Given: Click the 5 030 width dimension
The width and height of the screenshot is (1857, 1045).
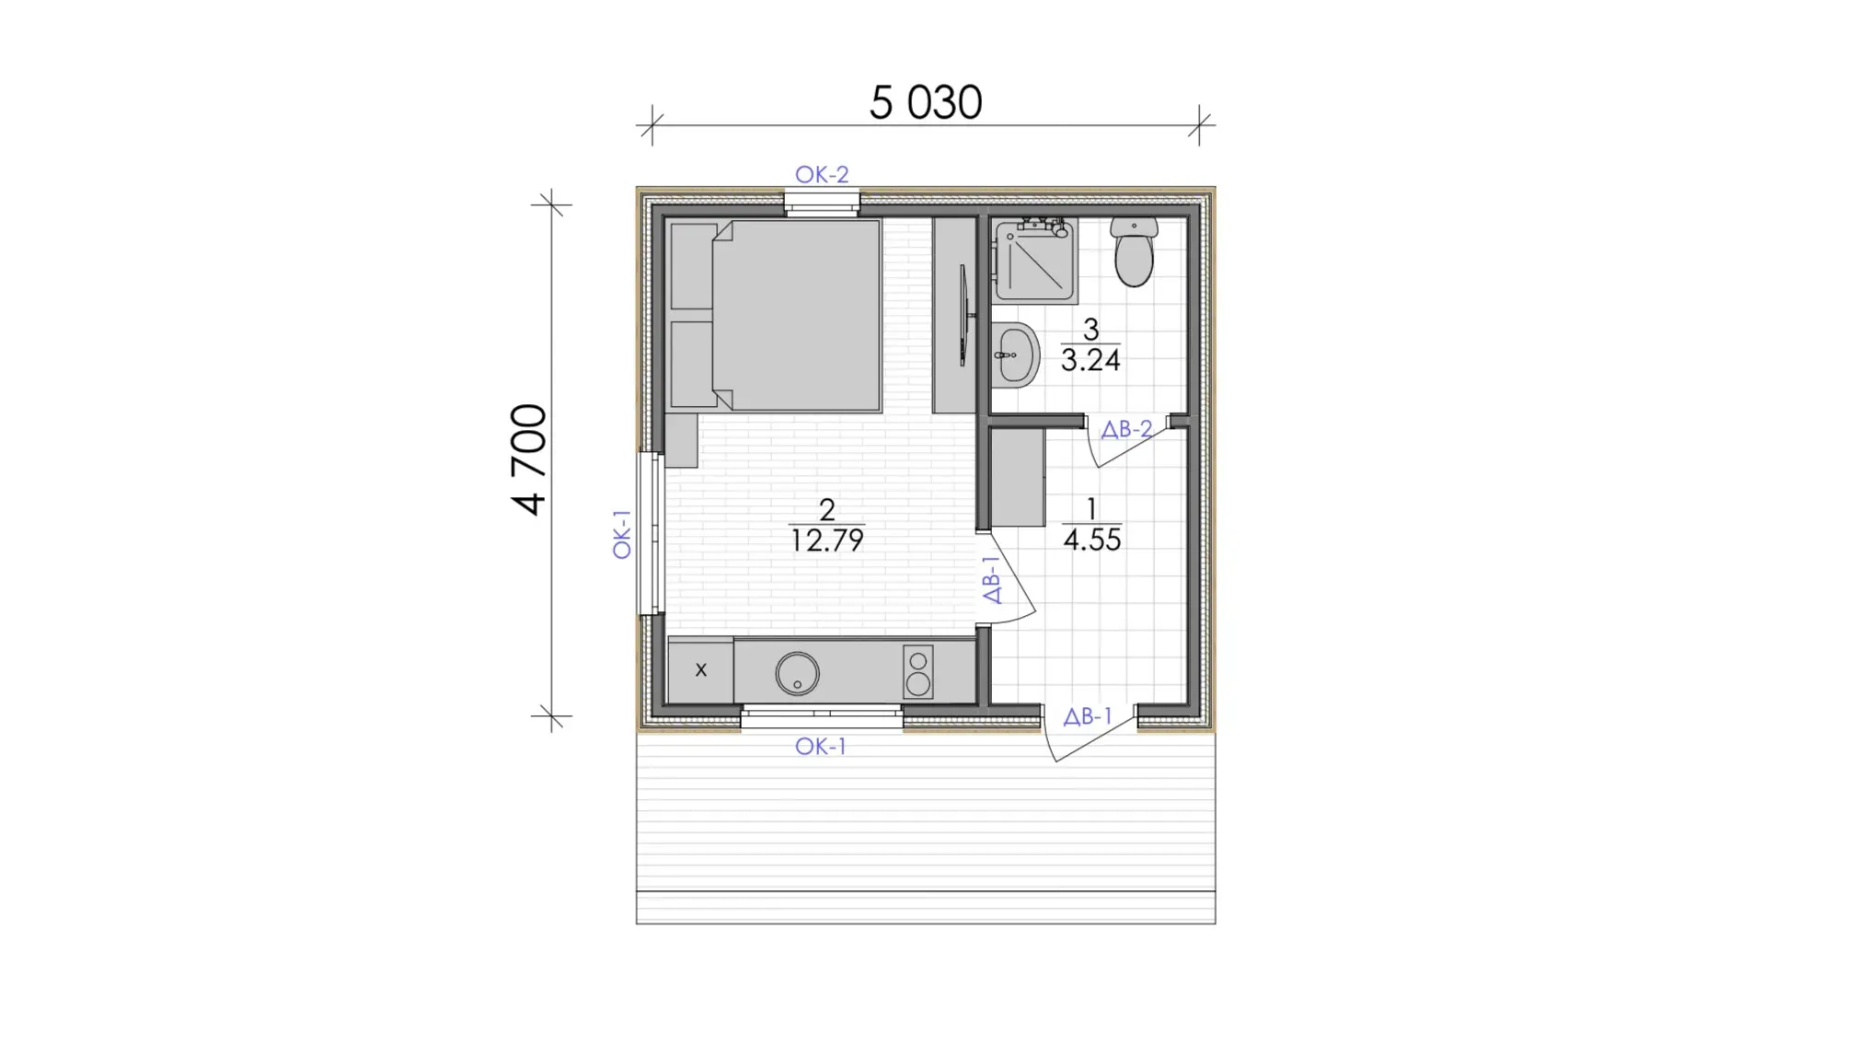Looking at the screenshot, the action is pos(925,102).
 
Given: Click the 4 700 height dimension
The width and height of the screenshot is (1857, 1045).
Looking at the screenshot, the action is pos(530,459).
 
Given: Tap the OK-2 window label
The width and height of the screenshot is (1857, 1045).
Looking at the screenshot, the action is pos(822,174).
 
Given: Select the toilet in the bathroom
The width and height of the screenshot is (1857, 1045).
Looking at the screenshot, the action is pos(1134,252).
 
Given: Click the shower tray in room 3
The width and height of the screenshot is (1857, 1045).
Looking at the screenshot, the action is pos(1034,261).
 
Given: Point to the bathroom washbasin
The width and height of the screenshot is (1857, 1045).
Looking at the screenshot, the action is pos(1015,354).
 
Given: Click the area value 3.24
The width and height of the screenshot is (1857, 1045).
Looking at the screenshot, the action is pos(1090,360).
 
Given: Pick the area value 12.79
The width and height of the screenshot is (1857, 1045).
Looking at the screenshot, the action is pos(827,540).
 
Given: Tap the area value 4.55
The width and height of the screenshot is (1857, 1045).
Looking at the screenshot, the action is pos(1092,540).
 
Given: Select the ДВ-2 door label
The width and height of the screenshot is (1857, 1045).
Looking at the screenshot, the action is pos(1126,429).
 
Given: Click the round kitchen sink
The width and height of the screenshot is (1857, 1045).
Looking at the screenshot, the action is pos(797,674).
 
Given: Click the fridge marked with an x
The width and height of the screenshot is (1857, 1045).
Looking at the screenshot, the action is pos(700,669).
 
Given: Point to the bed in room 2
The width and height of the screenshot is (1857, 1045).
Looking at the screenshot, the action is pos(775,315).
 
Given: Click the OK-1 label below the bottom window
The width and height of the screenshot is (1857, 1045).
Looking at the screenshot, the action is pos(821,747).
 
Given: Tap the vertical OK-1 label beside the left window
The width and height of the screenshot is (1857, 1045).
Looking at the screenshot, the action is pos(622,534).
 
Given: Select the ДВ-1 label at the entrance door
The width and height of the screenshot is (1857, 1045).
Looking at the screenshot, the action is pos(1088,716).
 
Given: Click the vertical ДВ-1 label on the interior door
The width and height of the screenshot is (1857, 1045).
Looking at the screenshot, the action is pos(991,580).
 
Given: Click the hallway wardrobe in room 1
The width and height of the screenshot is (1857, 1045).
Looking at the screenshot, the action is pos(1018,478).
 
